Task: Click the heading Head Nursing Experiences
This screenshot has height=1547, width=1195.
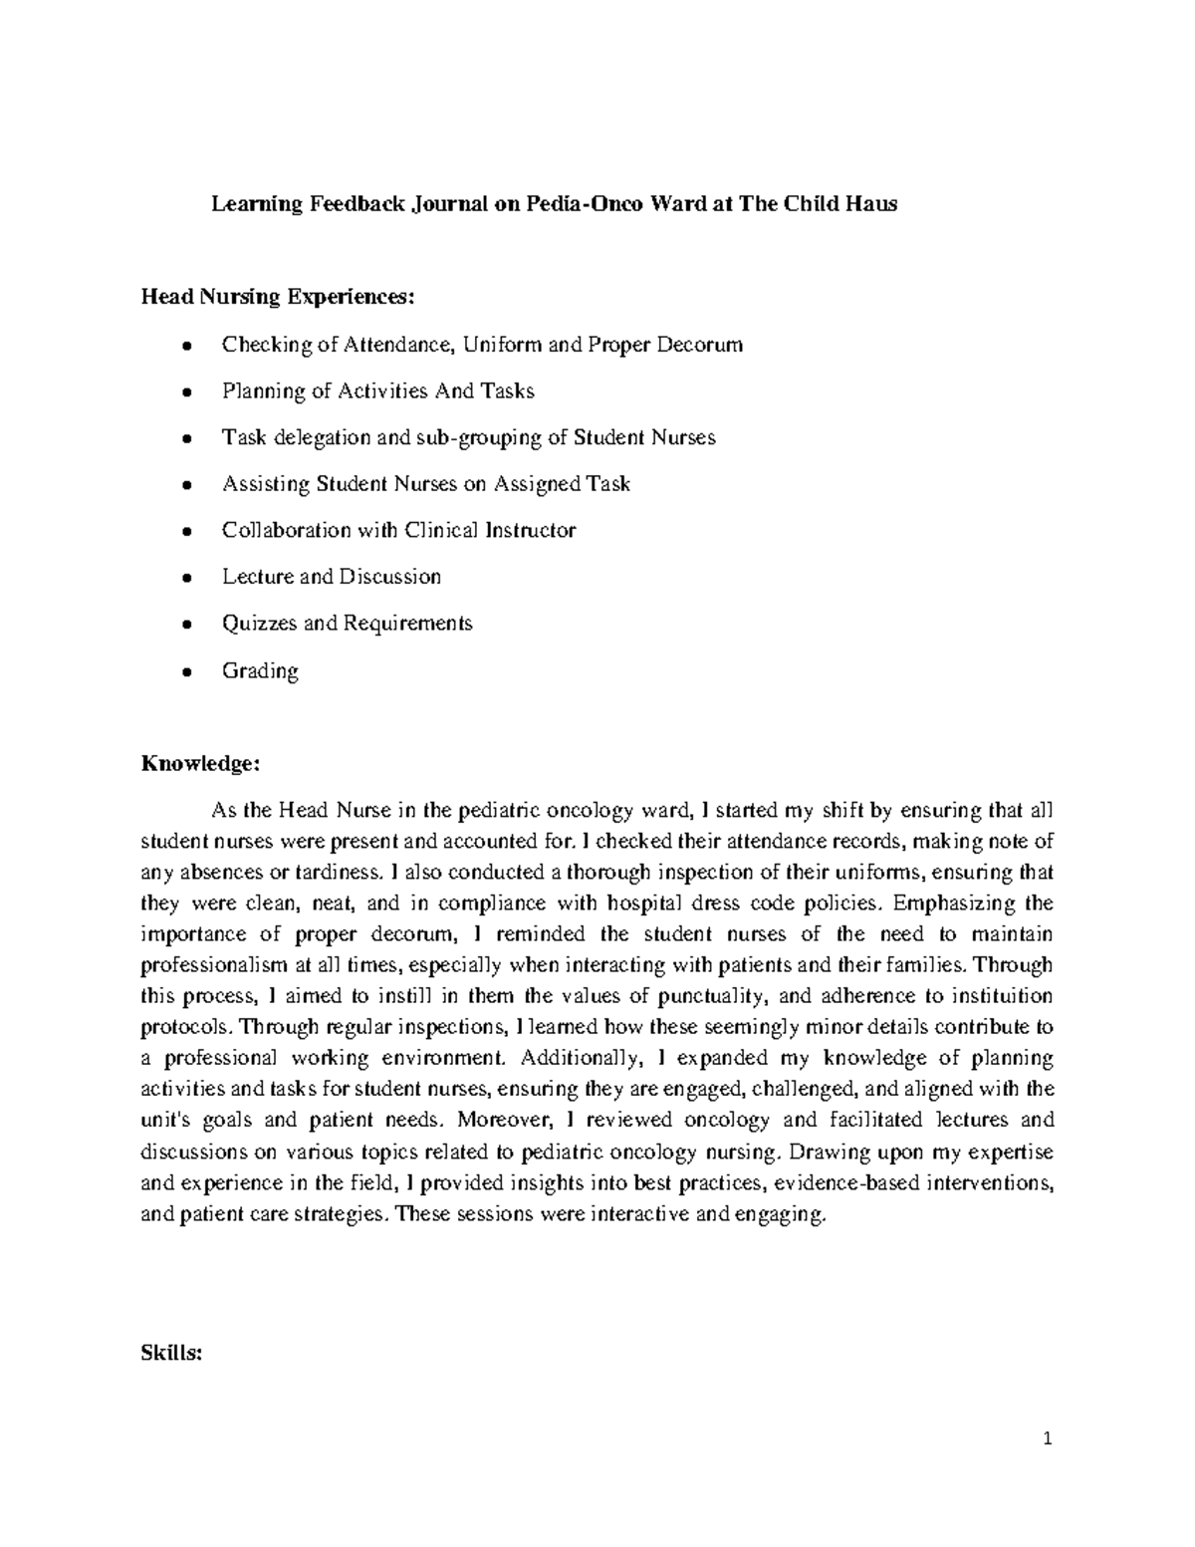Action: tap(275, 296)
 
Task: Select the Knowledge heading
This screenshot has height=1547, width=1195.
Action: tap(200, 764)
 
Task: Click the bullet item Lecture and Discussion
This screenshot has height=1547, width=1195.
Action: tap(331, 577)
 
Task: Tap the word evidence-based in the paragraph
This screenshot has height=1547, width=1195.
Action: tap(846, 1183)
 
